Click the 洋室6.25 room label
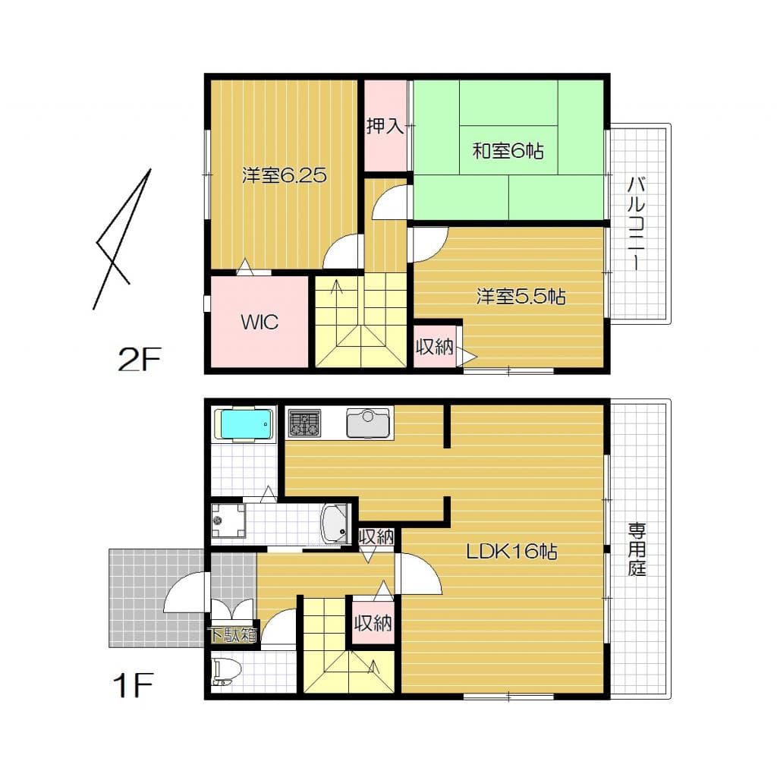pos(284,176)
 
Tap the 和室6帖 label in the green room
pos(508,151)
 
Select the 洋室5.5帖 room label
pos(521,296)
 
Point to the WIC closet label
pos(260,322)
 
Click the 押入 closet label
pos(385,126)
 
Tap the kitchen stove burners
pos(304,423)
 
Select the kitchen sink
pos(368,423)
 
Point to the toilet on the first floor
pos(226,671)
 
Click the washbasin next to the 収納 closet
pos(335,524)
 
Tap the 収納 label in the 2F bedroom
pos(435,348)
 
